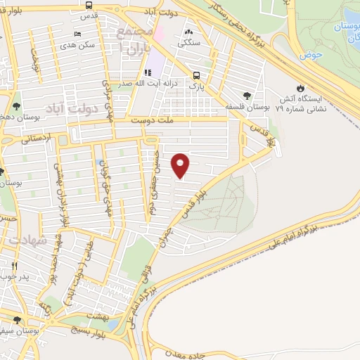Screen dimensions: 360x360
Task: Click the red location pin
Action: [x=181, y=165]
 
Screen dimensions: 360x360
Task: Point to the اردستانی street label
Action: [x=17, y=139]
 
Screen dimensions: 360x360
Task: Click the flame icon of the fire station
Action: [x=300, y=89]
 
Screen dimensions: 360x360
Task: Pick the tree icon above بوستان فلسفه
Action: [x=246, y=96]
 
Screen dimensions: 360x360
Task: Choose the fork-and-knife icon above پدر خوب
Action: [x=15, y=266]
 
